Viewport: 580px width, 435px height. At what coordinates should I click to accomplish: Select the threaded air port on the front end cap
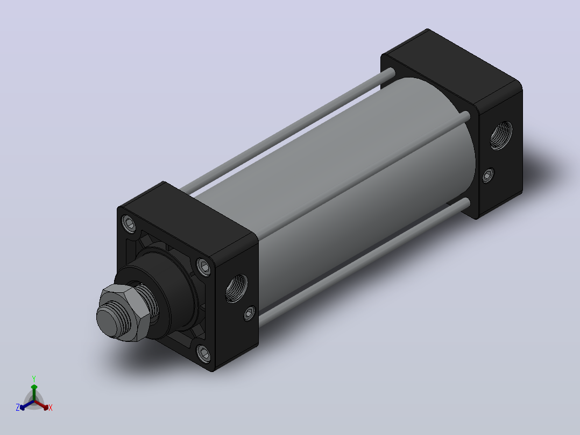[236, 289]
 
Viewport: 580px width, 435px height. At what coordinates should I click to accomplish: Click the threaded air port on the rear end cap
[501, 135]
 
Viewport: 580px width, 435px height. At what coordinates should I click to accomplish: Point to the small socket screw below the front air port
[250, 313]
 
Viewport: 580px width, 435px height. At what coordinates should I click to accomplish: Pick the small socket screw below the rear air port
[489, 175]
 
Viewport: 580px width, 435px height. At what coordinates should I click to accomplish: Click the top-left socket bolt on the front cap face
[129, 224]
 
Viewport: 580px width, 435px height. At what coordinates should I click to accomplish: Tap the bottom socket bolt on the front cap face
[203, 354]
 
